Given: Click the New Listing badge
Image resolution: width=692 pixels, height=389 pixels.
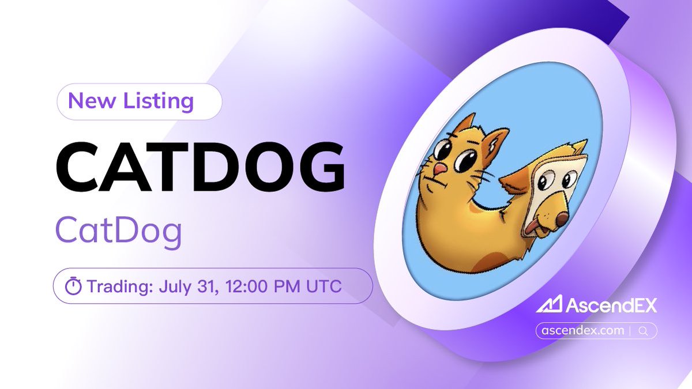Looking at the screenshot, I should point(139,102).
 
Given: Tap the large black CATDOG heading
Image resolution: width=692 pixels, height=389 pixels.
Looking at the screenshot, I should point(200,167).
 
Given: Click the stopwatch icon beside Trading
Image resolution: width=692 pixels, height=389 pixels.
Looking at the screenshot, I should point(73,286).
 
